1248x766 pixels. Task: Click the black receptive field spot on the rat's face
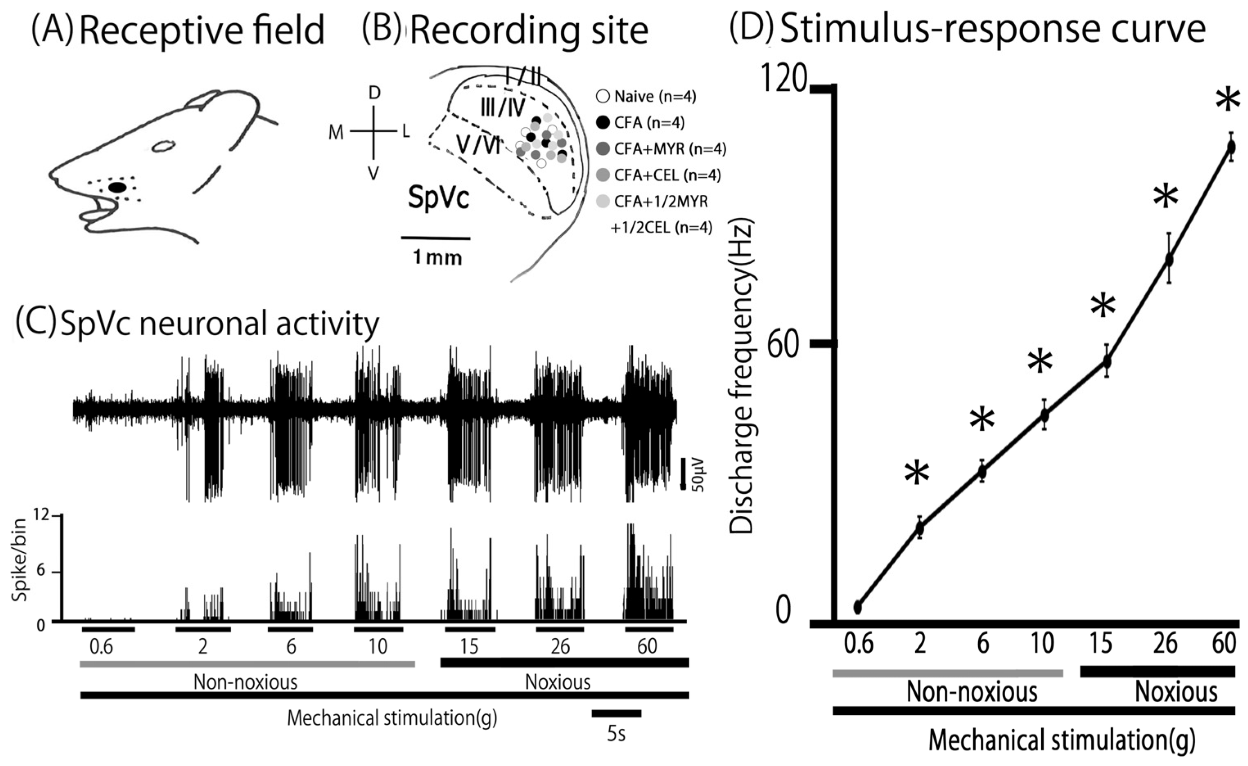pyautogui.click(x=117, y=188)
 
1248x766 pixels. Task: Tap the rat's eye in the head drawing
pyautogui.click(x=163, y=147)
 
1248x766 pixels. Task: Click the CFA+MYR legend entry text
pyautogui.click(x=670, y=149)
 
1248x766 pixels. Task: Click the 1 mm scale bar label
pyautogui.click(x=437, y=258)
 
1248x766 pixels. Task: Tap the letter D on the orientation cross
pyautogui.click(x=374, y=93)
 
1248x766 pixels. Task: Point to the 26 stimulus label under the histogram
pyautogui.click(x=560, y=647)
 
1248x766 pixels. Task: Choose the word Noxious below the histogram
pyautogui.click(x=557, y=682)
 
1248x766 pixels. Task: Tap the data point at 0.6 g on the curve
pyautogui.click(x=857, y=607)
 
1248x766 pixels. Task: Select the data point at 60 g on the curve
pyautogui.click(x=1231, y=147)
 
